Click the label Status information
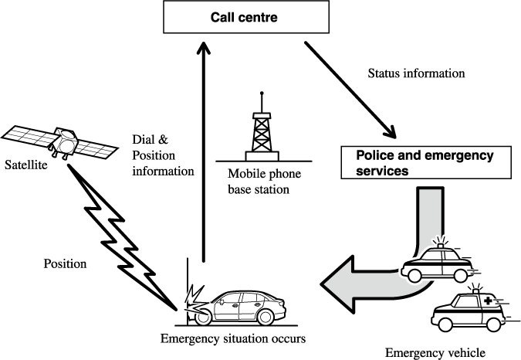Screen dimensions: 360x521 pos(416,74)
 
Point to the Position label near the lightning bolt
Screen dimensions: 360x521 pos(66,263)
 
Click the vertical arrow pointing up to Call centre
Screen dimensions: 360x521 pos(202,155)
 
